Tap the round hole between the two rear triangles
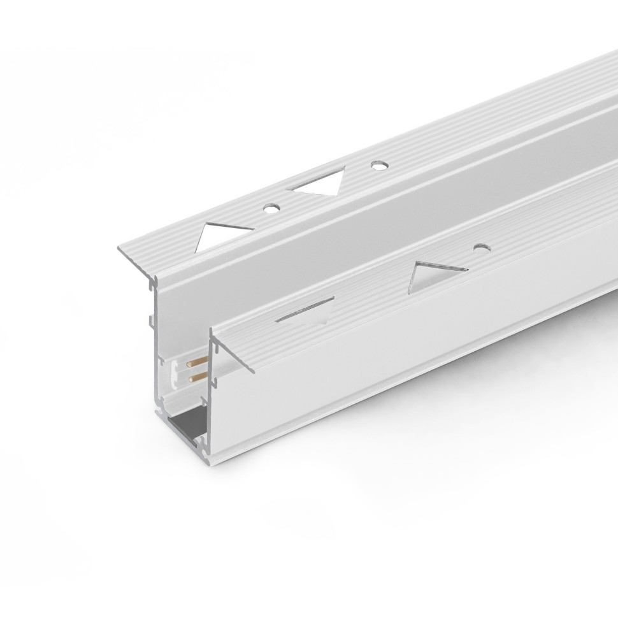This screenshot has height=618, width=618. (270, 206)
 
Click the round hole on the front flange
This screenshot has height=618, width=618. (481, 247)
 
